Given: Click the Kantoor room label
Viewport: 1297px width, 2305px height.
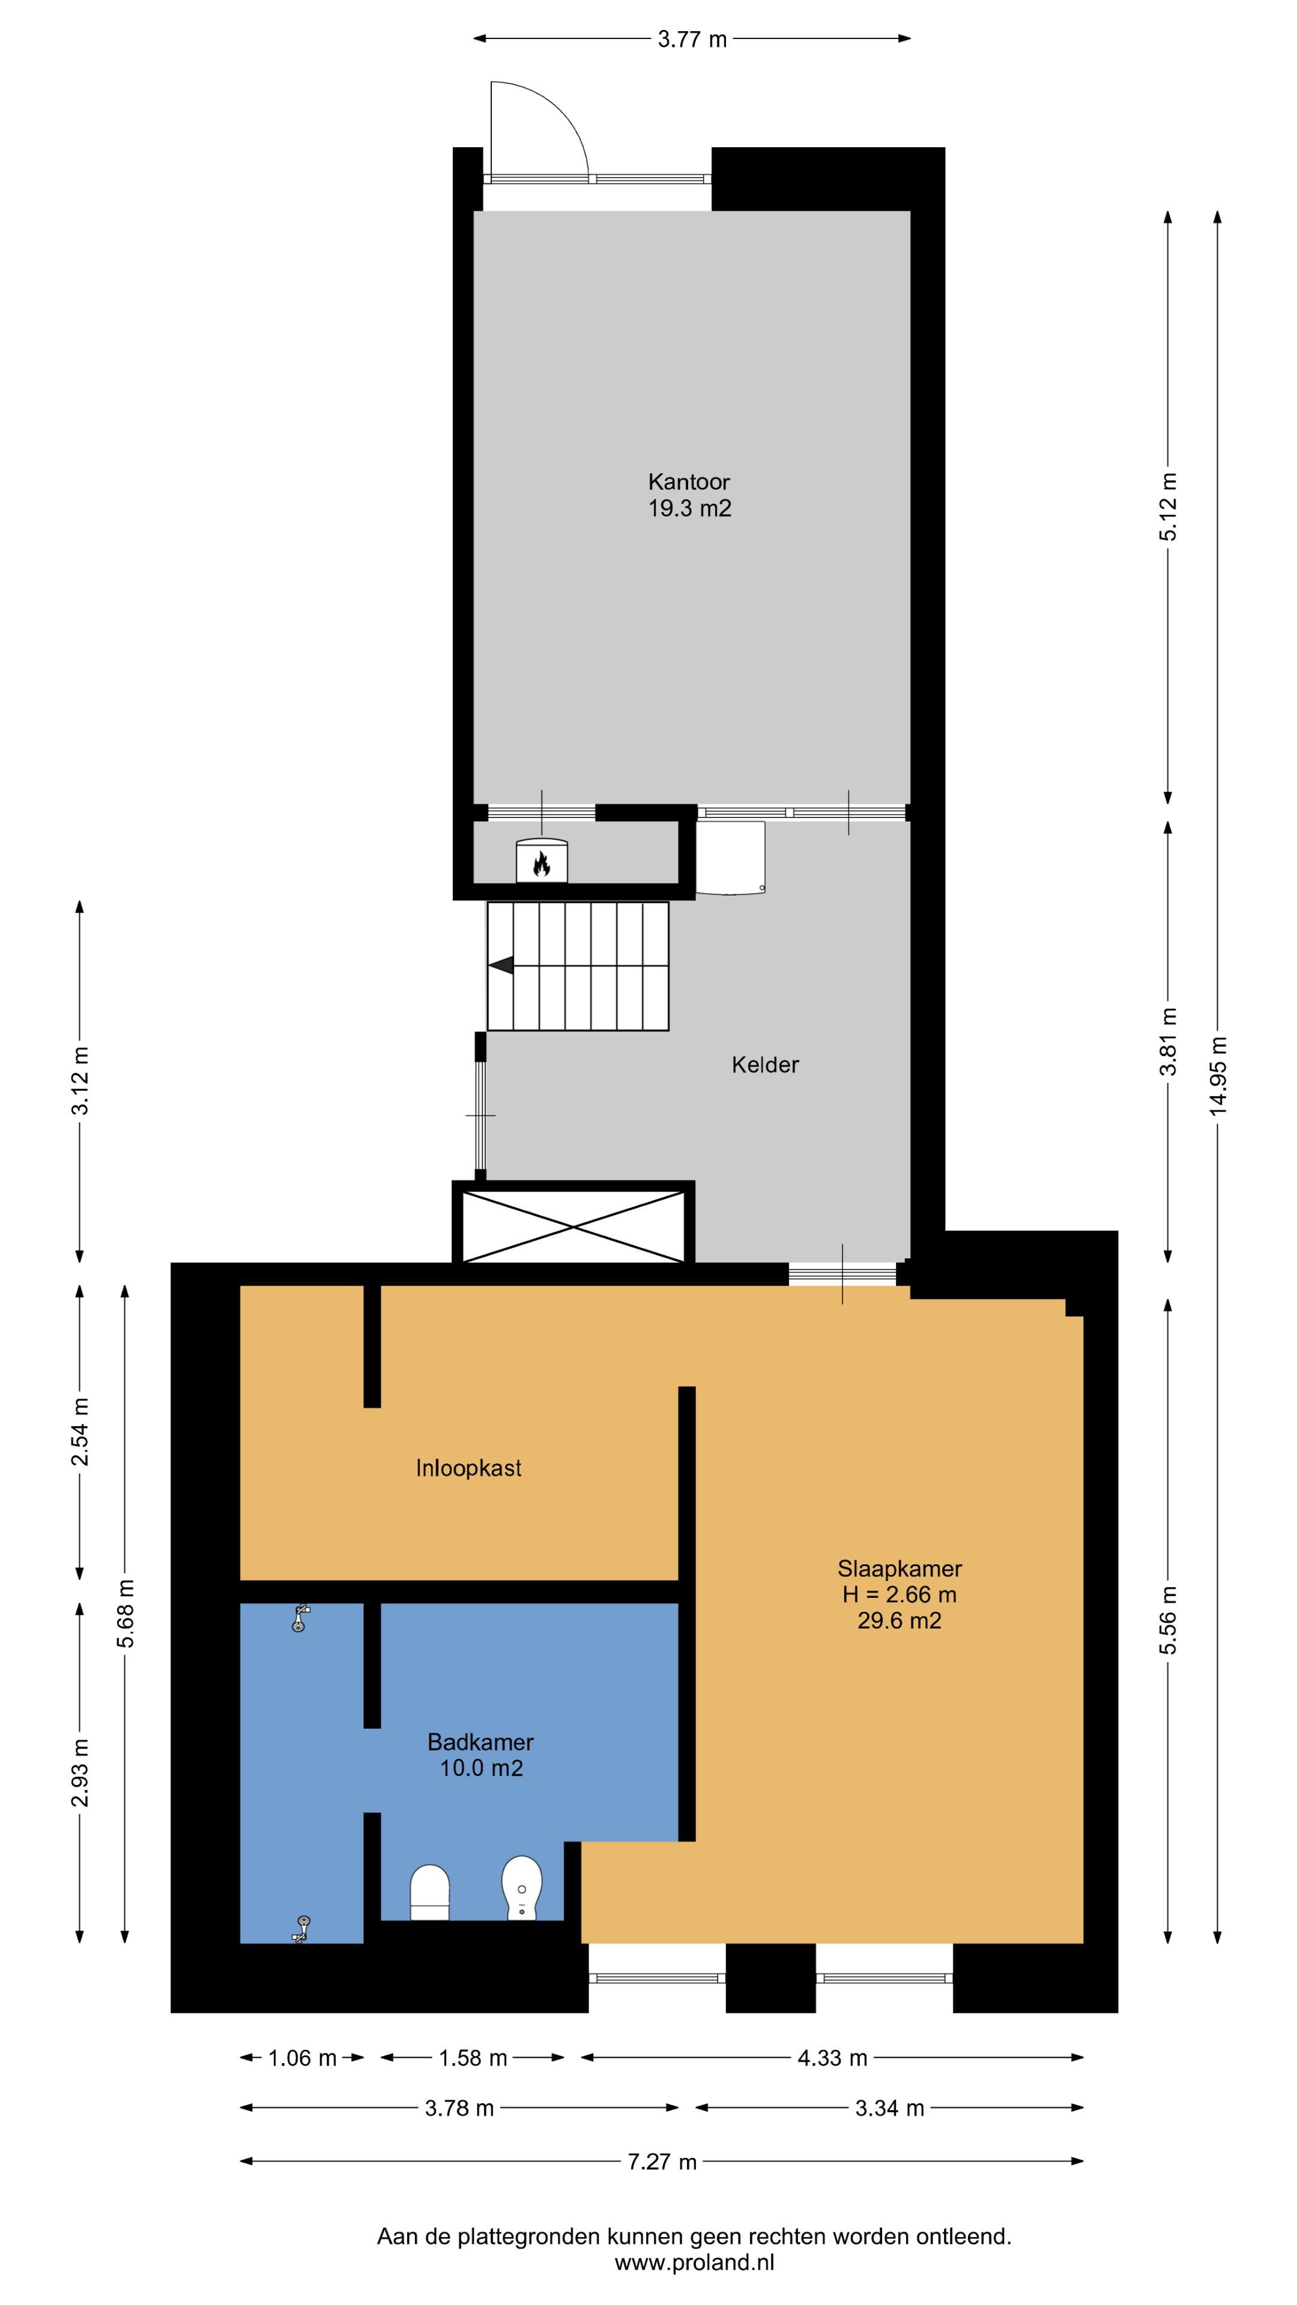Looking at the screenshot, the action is click(689, 481).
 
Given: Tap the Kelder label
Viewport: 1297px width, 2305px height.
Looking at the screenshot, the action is click(766, 1065).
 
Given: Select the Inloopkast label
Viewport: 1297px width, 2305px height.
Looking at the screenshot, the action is click(468, 1468).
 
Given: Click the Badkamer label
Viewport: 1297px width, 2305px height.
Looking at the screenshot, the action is click(480, 1742).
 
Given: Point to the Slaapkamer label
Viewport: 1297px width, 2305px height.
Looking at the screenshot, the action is click(899, 1568).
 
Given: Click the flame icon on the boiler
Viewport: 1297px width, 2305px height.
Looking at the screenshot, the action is click(540, 864).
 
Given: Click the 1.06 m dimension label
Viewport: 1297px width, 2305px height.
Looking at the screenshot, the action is click(303, 2058).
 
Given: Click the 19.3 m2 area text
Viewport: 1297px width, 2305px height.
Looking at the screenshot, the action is click(689, 508).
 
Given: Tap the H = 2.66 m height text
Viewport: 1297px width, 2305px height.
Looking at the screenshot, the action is click(899, 1594).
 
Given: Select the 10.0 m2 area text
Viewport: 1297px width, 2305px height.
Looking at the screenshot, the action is click(480, 1768).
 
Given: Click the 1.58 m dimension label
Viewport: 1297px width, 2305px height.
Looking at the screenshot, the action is click(473, 2058).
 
